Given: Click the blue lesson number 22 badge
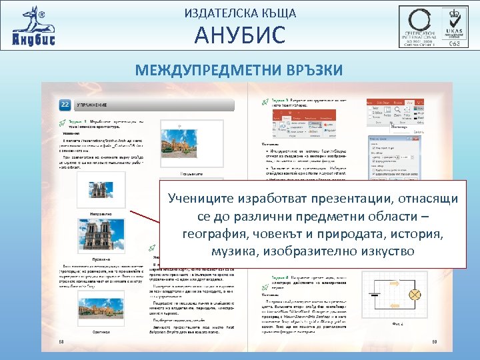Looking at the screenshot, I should click(65, 105).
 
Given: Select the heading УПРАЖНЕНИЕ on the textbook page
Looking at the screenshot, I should click(93, 106).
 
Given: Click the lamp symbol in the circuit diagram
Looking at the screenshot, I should click(414, 294).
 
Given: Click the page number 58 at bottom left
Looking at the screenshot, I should click(61, 343).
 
